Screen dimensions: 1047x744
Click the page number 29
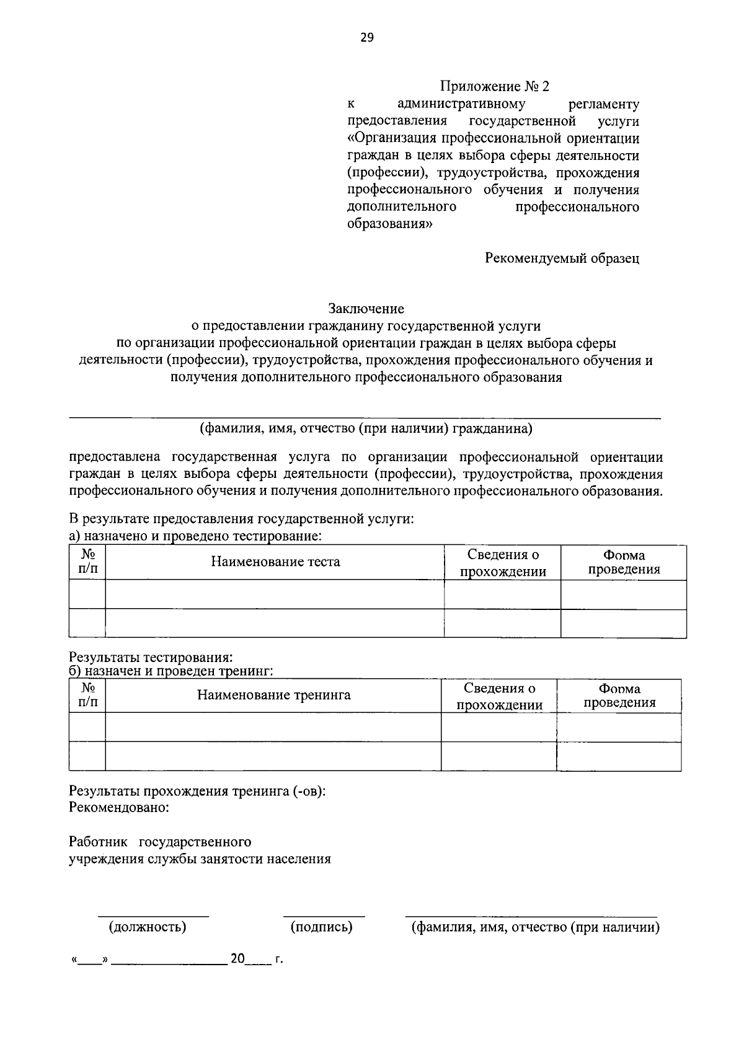pos(366,38)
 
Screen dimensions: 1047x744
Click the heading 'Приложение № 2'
pos(495,86)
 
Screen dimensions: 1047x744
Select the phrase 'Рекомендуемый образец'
pos(562,258)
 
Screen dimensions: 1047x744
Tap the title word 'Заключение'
pos(366,308)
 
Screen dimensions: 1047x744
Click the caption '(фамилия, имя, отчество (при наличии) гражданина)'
pos(366,428)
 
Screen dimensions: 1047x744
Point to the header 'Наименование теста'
pos(275,562)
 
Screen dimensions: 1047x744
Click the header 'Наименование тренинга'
pos(273,695)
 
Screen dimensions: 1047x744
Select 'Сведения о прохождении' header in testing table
pos(503,563)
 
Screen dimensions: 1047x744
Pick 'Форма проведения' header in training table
pos(619,696)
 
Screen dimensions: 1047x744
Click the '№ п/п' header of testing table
pos(87,562)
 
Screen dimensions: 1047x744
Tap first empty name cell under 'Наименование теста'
pos(275,594)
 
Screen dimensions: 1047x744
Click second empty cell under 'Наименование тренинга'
pos(273,756)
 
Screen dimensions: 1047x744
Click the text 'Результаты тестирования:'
pos(151,656)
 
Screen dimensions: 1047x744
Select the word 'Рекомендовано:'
pos(119,808)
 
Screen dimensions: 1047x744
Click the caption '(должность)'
pos(148,927)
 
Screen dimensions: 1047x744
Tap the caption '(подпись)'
pos(321,927)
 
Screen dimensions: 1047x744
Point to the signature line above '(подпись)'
pos(324,916)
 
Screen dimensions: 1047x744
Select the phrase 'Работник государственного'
pos(160,842)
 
